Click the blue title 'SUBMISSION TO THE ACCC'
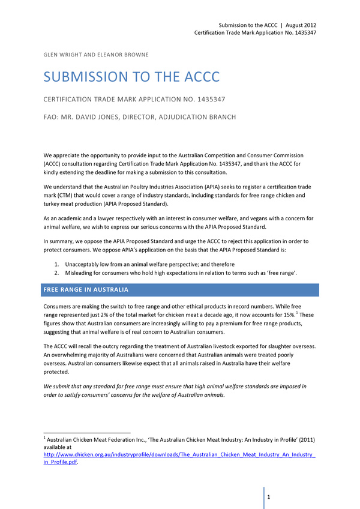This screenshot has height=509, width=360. [131, 77]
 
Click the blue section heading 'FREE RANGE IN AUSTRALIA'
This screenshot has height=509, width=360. [86, 290]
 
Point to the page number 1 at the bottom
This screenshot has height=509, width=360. [269, 497]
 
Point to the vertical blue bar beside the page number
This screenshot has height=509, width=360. [263, 498]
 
